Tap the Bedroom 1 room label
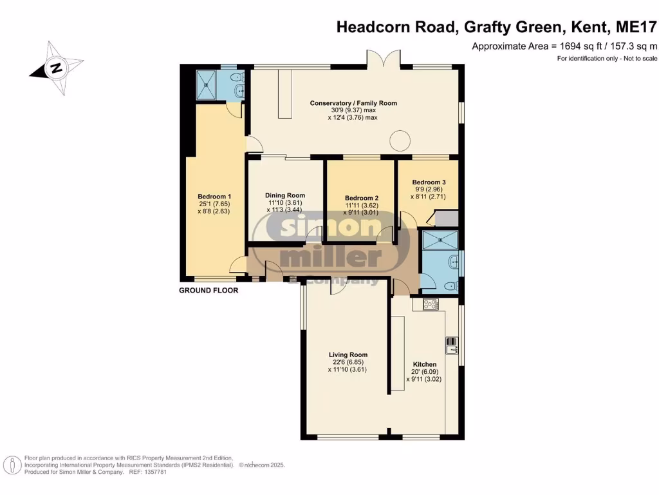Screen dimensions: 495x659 214,197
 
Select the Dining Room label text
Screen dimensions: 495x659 285,195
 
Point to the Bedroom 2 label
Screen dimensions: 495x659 361,198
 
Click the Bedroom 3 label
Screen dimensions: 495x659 429,182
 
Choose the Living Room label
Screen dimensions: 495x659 348,354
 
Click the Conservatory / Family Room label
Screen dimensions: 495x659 353,103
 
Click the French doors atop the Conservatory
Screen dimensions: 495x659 384,58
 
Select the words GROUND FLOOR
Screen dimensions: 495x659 208,291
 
